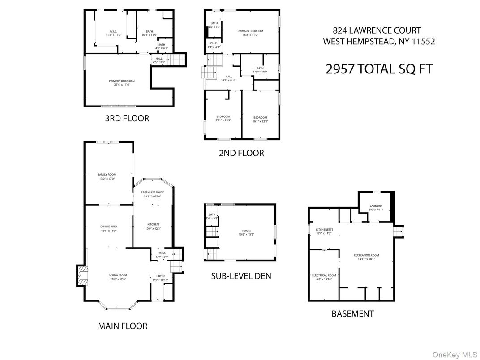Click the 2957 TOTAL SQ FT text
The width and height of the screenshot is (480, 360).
pyautogui.click(x=379, y=69)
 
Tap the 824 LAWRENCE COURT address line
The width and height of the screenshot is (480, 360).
pyautogui.click(x=377, y=30)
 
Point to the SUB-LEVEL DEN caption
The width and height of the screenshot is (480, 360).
pyautogui.click(x=241, y=276)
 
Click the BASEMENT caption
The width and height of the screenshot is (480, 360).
pyautogui.click(x=352, y=313)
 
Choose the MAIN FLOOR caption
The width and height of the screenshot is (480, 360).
pyautogui.click(x=122, y=326)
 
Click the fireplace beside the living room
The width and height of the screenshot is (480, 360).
pyautogui.click(x=81, y=276)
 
